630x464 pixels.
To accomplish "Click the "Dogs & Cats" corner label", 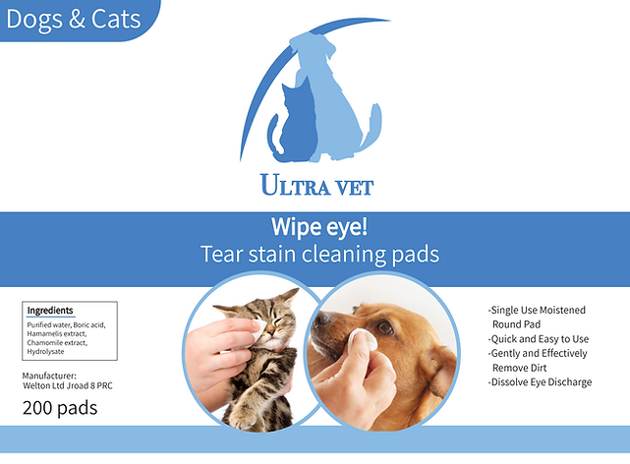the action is (x=74, y=20).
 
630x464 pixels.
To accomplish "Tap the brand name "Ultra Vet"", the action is (x=317, y=185).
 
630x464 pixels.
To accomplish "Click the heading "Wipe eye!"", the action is (x=319, y=227).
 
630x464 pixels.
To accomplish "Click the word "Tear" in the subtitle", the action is (x=221, y=254).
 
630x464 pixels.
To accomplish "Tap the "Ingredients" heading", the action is (x=50, y=310).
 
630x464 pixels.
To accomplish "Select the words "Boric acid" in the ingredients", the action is (x=89, y=325).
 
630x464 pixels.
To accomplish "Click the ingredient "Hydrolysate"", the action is (x=45, y=352).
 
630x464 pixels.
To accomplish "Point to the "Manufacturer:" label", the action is (x=49, y=376).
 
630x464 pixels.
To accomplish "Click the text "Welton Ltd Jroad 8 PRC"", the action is (x=68, y=385).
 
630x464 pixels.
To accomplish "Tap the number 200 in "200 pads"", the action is (x=37, y=408).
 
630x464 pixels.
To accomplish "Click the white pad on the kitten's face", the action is (x=258, y=330).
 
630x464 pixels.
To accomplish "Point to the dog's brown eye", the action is (x=384, y=327).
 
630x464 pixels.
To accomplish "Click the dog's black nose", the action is (x=322, y=319).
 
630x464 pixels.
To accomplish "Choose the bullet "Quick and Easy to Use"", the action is (x=539, y=339).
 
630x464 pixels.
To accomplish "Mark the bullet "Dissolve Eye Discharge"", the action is (x=540, y=382).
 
